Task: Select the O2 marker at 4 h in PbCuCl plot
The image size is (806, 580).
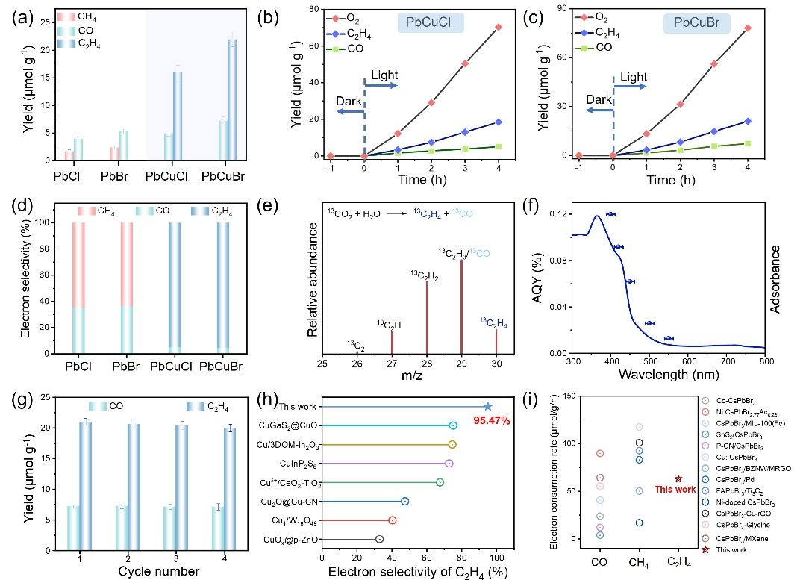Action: pyautogui.click(x=499, y=27)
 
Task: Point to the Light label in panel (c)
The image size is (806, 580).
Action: pyautogui.click(x=634, y=77)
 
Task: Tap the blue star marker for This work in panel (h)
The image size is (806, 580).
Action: pyautogui.click(x=488, y=406)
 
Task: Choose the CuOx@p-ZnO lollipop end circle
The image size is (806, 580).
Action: pyautogui.click(x=379, y=538)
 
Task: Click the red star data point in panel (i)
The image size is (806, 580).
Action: pyautogui.click(x=678, y=478)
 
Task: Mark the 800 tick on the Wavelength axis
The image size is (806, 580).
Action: pyautogui.click(x=764, y=362)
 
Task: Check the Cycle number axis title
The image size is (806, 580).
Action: pyautogui.click(x=158, y=570)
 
